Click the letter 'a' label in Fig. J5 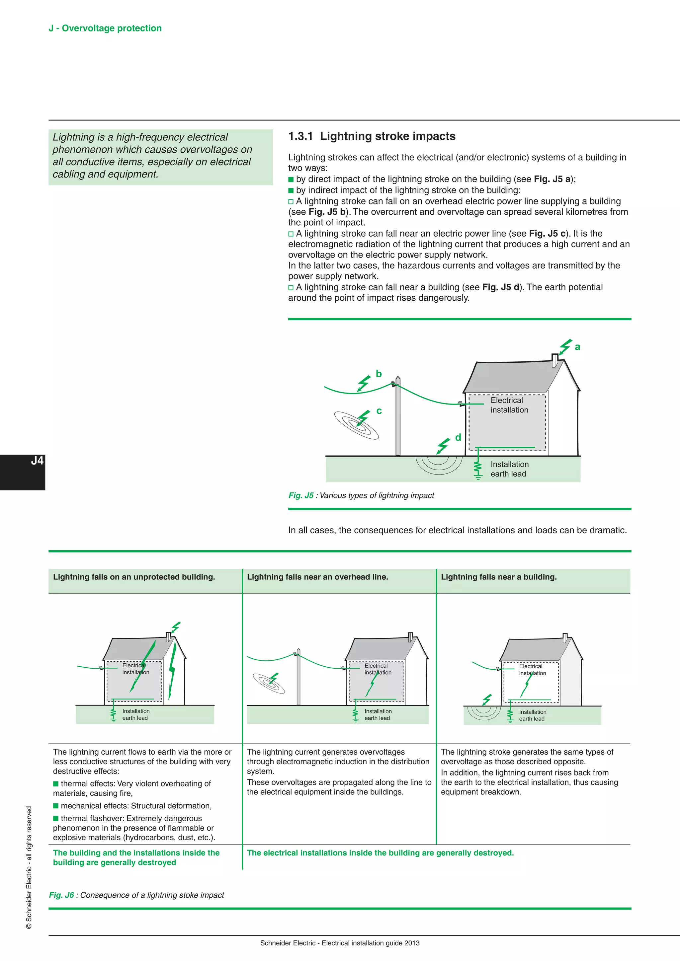(577, 347)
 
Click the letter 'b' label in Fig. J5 (379, 374)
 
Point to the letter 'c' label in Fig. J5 (379, 411)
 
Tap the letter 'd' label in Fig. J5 (458, 438)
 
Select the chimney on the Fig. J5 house (555, 360)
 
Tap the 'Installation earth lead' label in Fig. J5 (509, 469)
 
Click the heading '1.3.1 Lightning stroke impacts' (372, 136)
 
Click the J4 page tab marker (37, 461)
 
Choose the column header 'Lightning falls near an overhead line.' (317, 577)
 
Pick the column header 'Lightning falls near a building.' (498, 577)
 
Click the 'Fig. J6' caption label (61, 895)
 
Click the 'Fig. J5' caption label (300, 495)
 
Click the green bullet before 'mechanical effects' (56, 806)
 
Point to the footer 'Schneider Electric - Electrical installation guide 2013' (340, 943)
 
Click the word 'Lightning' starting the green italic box (73, 137)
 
